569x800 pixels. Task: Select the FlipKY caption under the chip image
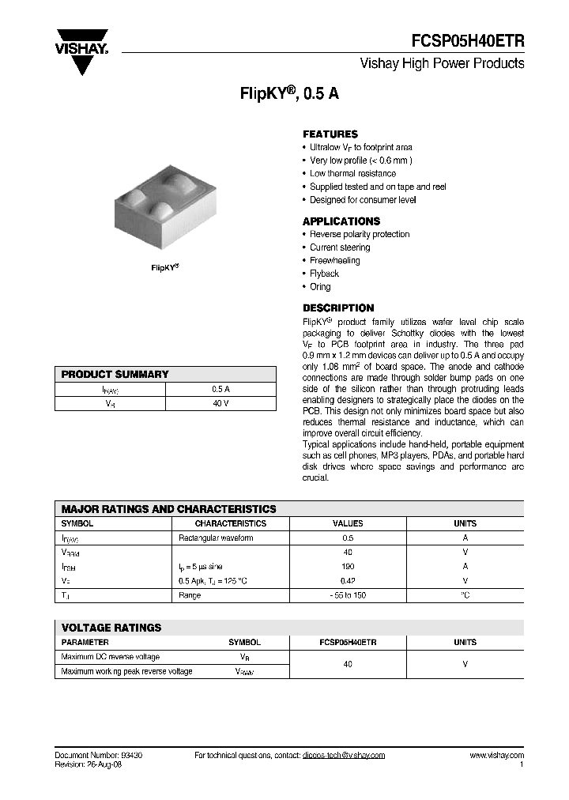point(165,268)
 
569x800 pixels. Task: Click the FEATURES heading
point(330,134)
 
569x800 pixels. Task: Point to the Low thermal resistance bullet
point(352,174)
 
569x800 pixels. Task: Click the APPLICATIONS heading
point(341,221)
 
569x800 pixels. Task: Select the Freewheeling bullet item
point(334,261)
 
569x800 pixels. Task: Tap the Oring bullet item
point(320,287)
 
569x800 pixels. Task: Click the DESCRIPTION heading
point(338,308)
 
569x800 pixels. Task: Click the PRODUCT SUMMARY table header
point(115,375)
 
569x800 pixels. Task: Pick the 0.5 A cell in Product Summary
point(220,390)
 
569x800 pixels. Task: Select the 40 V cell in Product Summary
point(220,404)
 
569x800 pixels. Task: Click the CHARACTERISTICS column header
point(231,523)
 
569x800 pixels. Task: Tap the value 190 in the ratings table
point(348,567)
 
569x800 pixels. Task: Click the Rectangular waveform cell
point(216,538)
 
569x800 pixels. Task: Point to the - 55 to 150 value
point(348,595)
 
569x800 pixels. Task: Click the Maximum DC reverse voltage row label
point(110,657)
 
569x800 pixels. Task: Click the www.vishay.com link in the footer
point(496,756)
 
